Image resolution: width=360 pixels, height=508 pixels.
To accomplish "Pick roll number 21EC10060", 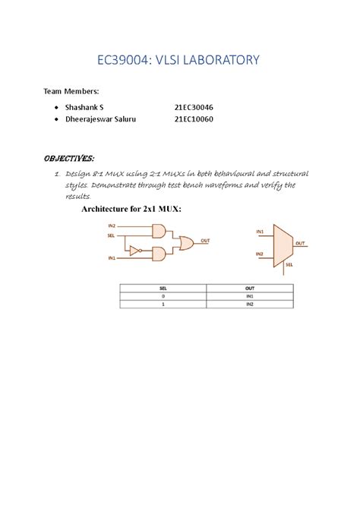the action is point(194,120).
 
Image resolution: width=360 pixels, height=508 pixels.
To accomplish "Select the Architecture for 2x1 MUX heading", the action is point(131,209).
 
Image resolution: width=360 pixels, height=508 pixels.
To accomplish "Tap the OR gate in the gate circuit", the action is point(185,242).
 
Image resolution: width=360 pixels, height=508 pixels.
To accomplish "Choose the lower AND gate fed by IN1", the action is point(160,254).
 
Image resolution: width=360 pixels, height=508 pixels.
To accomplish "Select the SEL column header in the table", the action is point(163,289).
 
